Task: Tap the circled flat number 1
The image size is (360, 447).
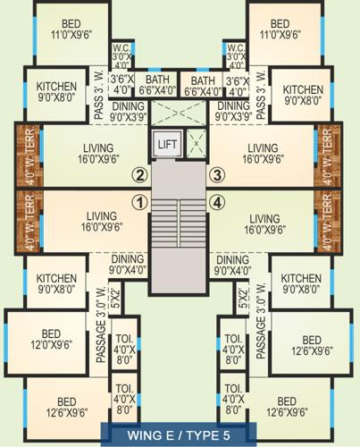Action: coord(138,201)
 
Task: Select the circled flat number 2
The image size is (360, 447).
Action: coord(138,174)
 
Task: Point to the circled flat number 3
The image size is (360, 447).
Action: coord(216,174)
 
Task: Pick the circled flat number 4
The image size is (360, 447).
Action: coord(216,201)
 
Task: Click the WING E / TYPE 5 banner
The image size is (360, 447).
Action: coord(180,434)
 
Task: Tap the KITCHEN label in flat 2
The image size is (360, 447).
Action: coord(56,92)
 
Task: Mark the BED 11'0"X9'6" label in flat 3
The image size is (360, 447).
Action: coord(280,30)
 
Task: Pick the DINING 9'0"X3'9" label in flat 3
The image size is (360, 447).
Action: coord(233,110)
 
